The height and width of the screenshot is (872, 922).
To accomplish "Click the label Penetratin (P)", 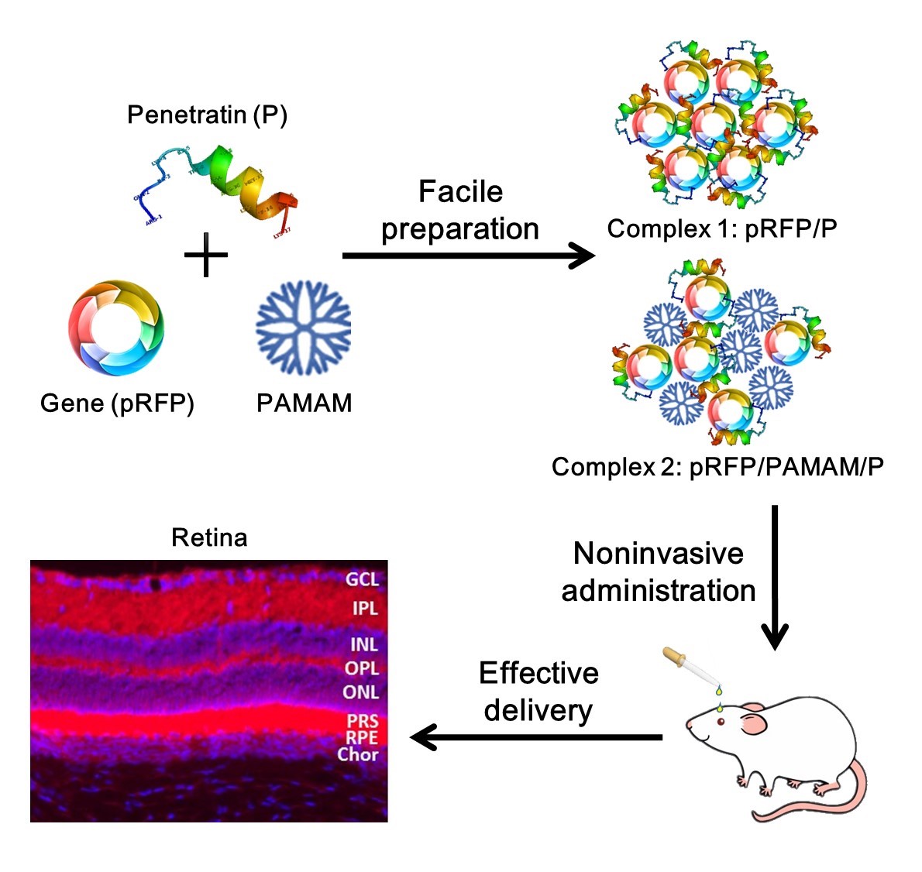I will [x=207, y=115].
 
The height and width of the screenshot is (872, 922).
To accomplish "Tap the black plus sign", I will [x=206, y=255].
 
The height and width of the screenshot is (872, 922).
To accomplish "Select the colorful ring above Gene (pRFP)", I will [x=116, y=328].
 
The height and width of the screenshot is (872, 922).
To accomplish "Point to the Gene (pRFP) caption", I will [x=117, y=403].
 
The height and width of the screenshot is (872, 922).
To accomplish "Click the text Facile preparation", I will [x=460, y=210].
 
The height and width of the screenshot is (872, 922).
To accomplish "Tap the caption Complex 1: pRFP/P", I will [x=721, y=228].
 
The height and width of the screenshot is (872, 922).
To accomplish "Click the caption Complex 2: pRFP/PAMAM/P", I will [x=717, y=467].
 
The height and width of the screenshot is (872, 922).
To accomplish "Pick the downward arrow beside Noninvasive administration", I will [x=774, y=577].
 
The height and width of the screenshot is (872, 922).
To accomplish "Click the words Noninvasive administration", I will [x=658, y=572].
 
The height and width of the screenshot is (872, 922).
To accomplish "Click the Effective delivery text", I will [x=538, y=691].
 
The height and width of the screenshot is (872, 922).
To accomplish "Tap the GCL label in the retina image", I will [x=362, y=579].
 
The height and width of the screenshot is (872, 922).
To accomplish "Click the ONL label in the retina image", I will [x=361, y=692].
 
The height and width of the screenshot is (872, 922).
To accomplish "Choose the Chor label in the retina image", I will [x=357, y=754].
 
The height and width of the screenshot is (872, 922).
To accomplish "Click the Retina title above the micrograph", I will [x=209, y=537].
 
